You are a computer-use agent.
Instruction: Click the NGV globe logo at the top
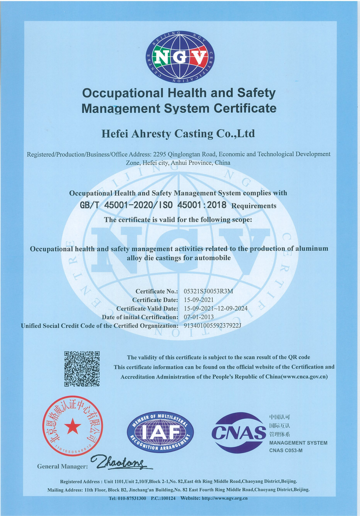click(x=180, y=57)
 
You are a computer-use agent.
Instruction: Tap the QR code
click(x=82, y=369)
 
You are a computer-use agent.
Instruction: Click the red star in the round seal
click(x=73, y=426)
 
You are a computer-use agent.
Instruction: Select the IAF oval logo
click(x=160, y=432)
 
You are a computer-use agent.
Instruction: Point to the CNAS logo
click(x=239, y=433)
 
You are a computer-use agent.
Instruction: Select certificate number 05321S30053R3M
click(x=208, y=291)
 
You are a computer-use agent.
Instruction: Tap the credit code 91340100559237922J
click(x=213, y=326)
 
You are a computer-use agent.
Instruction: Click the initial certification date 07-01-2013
click(x=199, y=317)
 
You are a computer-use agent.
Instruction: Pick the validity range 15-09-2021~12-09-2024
click(x=216, y=308)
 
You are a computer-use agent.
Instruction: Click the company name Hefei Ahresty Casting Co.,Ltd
click(x=178, y=134)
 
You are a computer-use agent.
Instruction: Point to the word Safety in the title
click(x=256, y=93)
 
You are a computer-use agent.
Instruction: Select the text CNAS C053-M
click(x=286, y=450)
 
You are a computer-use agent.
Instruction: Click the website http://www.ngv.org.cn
click(x=225, y=498)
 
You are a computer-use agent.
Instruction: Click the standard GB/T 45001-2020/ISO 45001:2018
click(x=153, y=205)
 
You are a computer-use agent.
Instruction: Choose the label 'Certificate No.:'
click(x=156, y=291)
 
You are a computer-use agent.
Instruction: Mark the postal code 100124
click(x=168, y=498)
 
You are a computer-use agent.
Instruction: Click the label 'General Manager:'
click(x=62, y=466)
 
